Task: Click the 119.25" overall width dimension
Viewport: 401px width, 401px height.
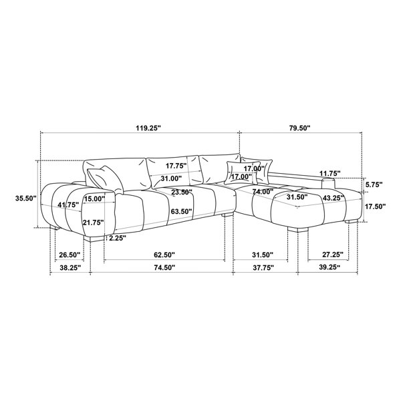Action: pos(148,128)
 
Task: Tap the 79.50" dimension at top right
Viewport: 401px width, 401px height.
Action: pos(299,128)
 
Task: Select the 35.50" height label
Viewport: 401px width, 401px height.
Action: pos(26,198)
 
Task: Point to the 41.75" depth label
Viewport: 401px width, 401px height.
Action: pos(68,205)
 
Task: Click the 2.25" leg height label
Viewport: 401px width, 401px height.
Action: pos(118,239)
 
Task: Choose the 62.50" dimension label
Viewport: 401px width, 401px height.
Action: pos(164,255)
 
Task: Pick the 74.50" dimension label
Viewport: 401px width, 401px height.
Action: pos(164,267)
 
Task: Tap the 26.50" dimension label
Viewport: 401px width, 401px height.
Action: pos(70,255)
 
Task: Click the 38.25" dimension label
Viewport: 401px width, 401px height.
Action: pos(70,267)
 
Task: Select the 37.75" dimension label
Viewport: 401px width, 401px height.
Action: pos(263,267)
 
